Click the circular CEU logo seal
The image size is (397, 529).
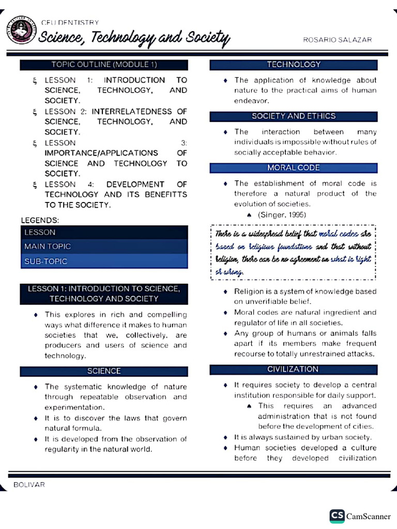click(21, 30)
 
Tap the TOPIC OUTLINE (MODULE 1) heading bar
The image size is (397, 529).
click(104, 65)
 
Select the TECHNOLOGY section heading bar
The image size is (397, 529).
click(294, 65)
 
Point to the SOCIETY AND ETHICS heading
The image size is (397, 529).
click(294, 116)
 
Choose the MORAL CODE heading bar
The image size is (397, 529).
click(294, 168)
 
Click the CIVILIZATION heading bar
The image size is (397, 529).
click(293, 369)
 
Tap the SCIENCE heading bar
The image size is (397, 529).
click(104, 371)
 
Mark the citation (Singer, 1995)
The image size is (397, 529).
click(282, 214)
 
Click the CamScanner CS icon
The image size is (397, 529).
click(337, 516)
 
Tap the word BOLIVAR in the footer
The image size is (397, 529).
click(29, 485)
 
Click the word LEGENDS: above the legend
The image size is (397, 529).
click(40, 220)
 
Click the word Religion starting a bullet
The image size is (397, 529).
click(250, 291)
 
